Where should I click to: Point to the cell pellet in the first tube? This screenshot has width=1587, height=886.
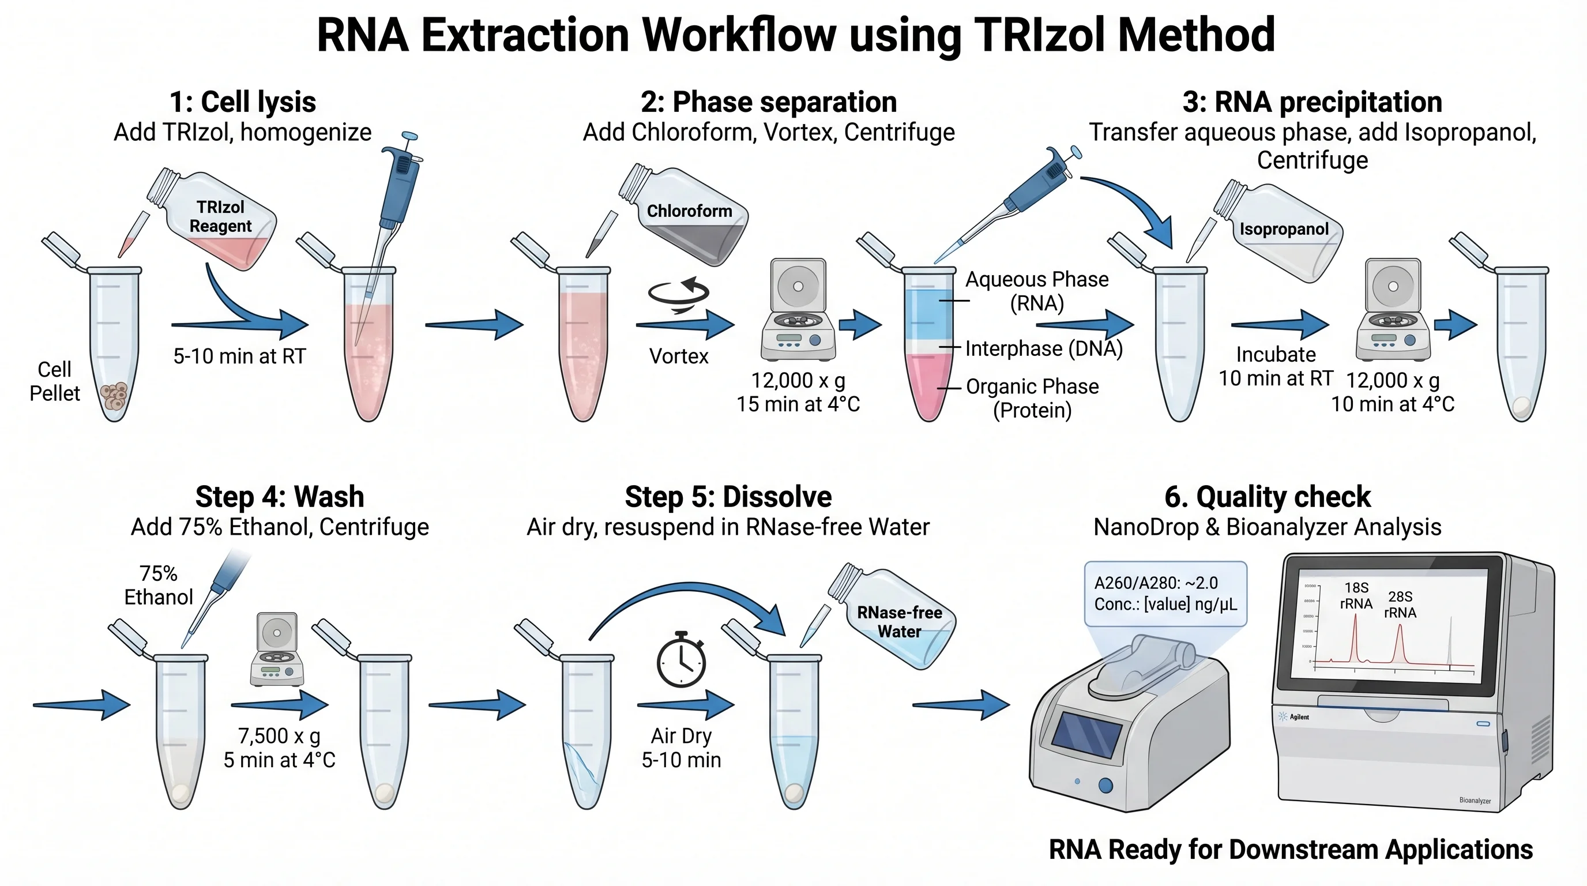114,396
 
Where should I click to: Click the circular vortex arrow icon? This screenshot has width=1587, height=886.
678,294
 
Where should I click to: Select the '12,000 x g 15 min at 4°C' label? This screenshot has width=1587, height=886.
798,392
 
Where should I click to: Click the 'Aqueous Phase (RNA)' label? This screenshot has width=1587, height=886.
1036,291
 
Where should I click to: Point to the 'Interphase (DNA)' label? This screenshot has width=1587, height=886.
1044,349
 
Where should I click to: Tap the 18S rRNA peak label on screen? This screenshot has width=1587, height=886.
1356,596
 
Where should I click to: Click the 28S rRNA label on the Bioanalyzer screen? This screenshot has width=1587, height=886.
1400,605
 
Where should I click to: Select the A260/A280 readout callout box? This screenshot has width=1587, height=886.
1165,594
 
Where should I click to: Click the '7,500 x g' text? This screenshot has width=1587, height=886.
279,735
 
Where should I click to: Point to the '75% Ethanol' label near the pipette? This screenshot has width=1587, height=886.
159,585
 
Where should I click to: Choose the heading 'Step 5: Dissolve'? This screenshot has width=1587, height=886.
728,497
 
